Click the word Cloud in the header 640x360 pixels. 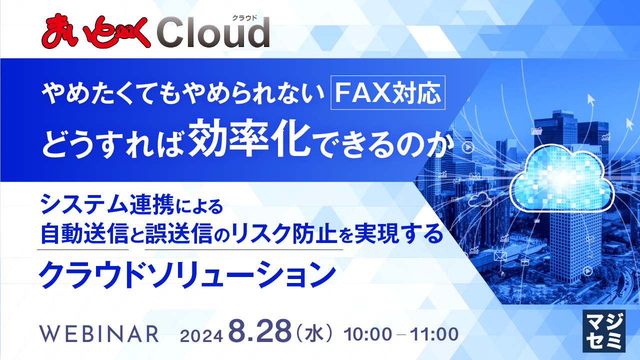[213, 33]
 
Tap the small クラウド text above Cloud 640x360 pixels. [244, 17]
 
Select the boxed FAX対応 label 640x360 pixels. [388, 92]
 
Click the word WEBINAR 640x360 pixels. [98, 333]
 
